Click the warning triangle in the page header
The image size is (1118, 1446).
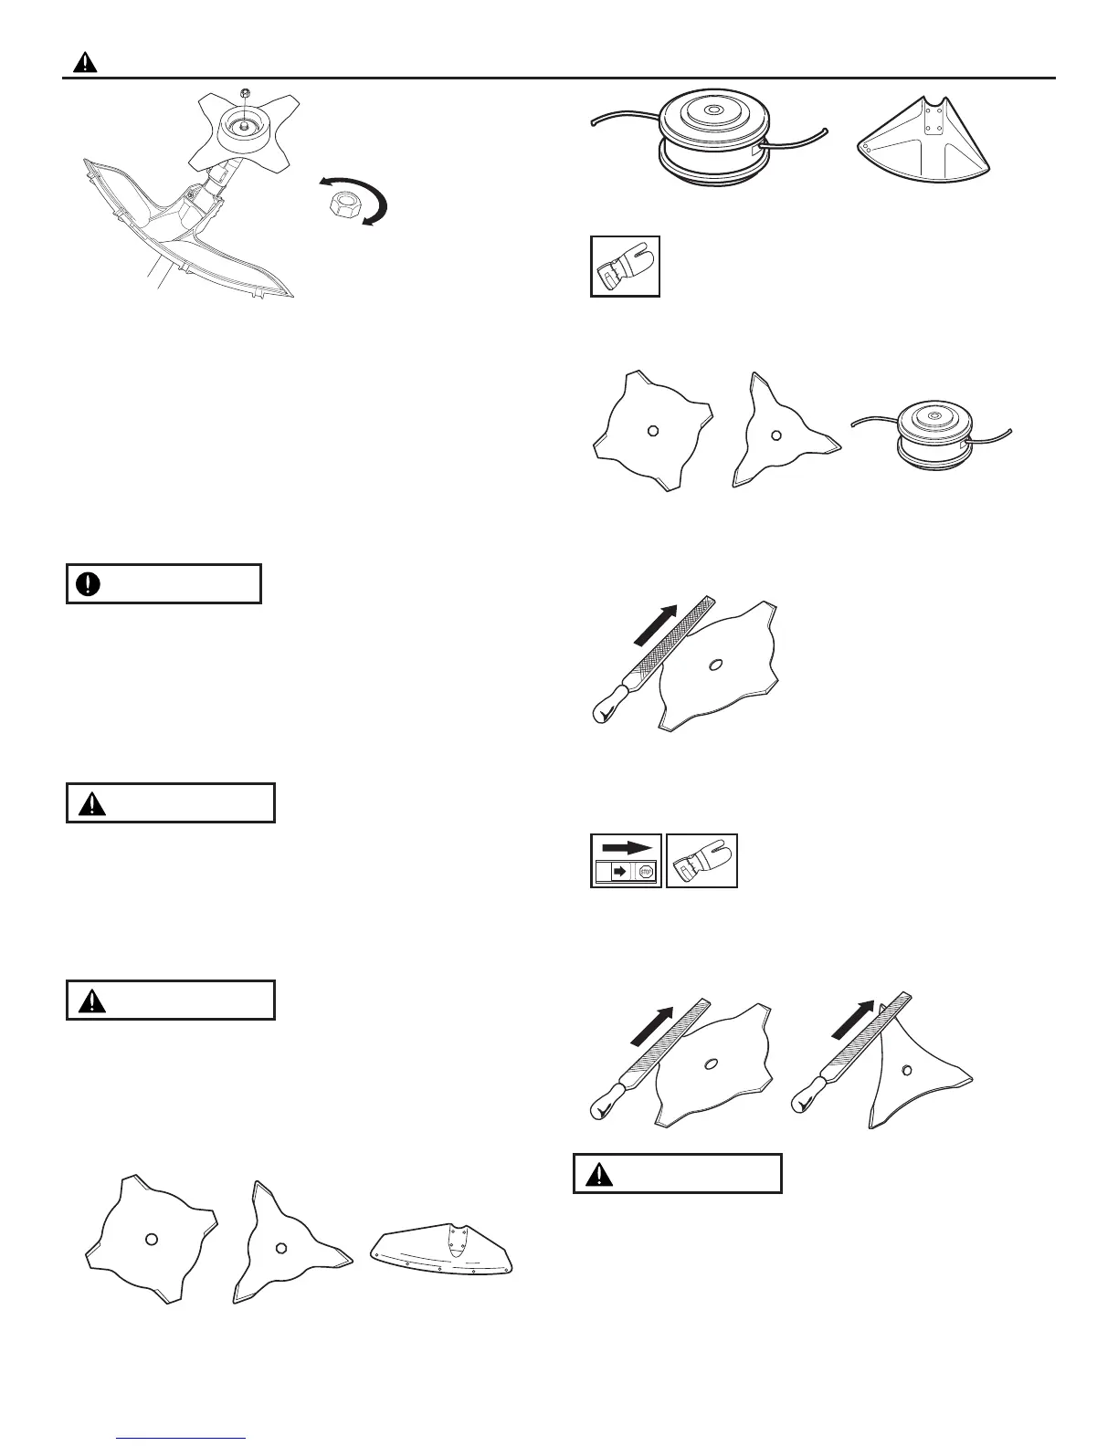pos(85,63)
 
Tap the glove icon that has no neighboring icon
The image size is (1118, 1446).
pos(625,266)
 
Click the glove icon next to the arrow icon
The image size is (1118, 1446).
pos(701,861)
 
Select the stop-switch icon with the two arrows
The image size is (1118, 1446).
pos(627,861)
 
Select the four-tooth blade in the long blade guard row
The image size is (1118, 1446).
pos(151,1237)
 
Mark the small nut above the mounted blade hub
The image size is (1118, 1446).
pos(244,93)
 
